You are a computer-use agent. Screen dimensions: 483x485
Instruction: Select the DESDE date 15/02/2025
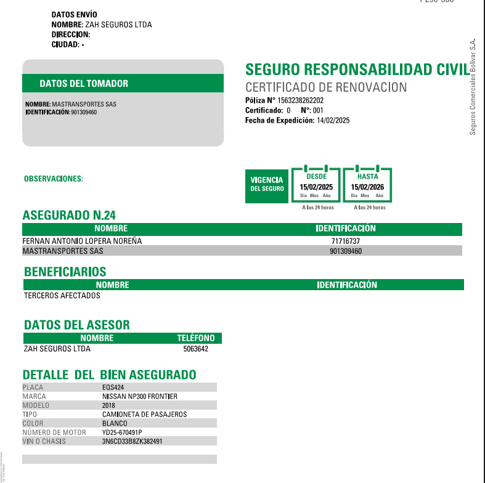[316, 187]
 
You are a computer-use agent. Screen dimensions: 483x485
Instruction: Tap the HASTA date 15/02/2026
[367, 187]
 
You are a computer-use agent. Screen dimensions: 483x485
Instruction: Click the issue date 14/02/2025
[333, 121]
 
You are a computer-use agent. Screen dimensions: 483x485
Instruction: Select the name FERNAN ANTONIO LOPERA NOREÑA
[82, 241]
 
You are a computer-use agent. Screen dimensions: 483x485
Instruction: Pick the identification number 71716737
[345, 241]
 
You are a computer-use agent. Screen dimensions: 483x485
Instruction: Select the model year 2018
[109, 405]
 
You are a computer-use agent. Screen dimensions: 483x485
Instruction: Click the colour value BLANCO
[115, 423]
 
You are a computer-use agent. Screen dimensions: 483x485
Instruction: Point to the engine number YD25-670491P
[122, 432]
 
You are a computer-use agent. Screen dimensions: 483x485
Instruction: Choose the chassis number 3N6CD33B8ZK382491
[132, 441]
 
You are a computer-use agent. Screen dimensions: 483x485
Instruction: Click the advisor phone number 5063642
[196, 349]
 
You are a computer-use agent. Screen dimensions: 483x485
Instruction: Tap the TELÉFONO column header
[196, 338]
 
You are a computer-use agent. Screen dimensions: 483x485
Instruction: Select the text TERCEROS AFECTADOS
[62, 295]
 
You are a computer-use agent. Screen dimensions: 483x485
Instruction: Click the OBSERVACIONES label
[53, 179]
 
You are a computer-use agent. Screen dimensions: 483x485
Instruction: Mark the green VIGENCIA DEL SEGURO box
[267, 184]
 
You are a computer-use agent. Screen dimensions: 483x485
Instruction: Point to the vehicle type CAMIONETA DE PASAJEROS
[144, 415]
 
